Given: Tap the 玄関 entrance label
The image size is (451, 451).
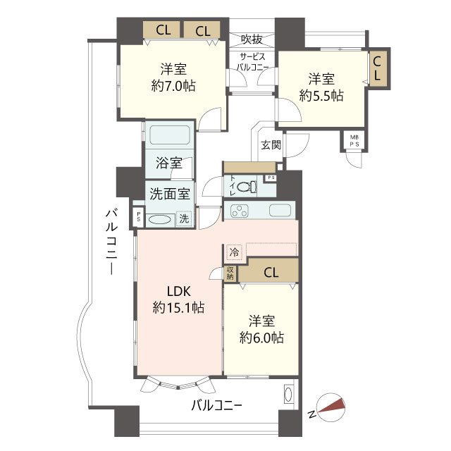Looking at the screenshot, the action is (x=271, y=144).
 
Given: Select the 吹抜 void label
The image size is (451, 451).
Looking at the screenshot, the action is (x=252, y=39).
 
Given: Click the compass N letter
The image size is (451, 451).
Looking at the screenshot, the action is (x=311, y=414).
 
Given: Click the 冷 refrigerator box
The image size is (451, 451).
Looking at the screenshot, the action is (x=235, y=252).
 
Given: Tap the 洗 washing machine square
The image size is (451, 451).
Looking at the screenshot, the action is (x=184, y=218).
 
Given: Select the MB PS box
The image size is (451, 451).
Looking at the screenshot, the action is (x=354, y=141).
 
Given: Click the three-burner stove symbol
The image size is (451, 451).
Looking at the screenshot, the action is (x=240, y=210).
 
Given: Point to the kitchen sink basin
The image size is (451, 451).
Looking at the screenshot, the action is (x=280, y=210).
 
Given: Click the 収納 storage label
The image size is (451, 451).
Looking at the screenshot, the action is (x=230, y=273).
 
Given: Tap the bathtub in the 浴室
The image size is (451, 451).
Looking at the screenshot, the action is (x=170, y=135).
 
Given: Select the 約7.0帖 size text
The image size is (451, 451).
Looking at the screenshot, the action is (x=173, y=86).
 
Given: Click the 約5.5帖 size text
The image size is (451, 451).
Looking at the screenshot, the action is (x=321, y=96).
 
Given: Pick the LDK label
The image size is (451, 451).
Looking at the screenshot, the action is (x=179, y=291).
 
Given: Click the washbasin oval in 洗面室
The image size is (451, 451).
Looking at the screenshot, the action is (x=159, y=221).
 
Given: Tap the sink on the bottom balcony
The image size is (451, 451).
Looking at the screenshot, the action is (x=288, y=394).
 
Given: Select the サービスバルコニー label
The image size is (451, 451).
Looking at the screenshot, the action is (x=252, y=62).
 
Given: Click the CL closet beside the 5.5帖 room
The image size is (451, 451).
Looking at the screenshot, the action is (x=378, y=68).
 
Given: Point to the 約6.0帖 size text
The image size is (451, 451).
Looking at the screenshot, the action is (x=261, y=338).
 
